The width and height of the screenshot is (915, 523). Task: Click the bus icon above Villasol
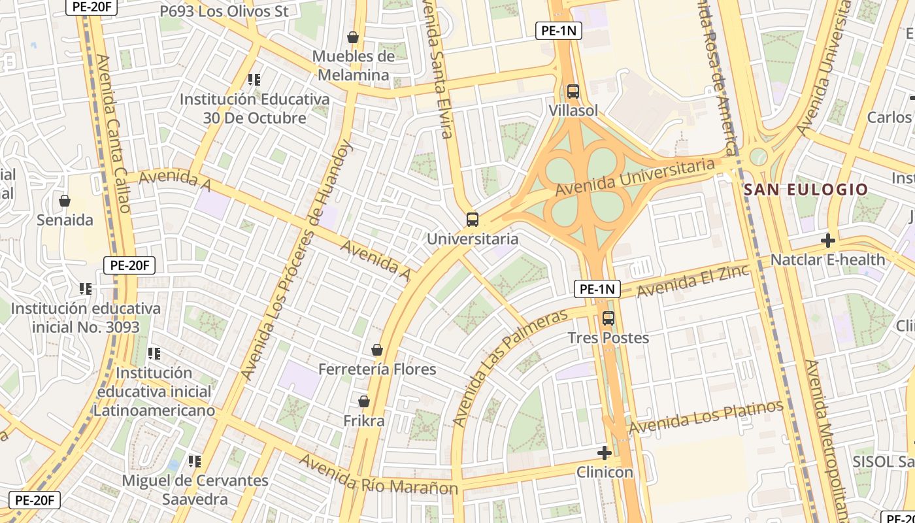[x=573, y=92]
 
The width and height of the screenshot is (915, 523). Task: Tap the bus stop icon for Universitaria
[x=473, y=220]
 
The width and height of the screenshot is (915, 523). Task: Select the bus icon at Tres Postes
[x=608, y=318]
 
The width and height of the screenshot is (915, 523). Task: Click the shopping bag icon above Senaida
[x=65, y=201]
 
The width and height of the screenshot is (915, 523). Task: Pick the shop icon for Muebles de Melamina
[x=353, y=37]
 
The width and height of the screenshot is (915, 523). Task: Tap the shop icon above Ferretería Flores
[x=377, y=350]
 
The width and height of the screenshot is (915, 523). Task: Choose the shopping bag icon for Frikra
[x=364, y=401]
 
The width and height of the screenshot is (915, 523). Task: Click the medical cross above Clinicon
[x=605, y=452]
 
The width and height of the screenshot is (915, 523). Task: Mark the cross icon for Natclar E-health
[x=828, y=240]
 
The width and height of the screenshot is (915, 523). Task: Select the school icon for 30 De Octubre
[x=254, y=80]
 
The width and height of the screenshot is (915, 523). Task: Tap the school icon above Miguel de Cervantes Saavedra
[x=195, y=462]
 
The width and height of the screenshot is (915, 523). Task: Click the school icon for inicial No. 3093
[x=85, y=288]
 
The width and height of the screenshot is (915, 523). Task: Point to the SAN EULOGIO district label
[x=806, y=190]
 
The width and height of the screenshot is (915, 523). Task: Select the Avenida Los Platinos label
[x=706, y=417]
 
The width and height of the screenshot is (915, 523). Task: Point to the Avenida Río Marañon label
[x=378, y=475]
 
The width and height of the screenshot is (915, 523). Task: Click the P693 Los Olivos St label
[x=224, y=11]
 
